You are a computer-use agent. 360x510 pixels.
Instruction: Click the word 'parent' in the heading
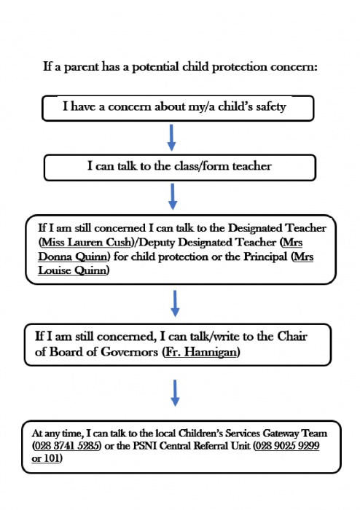point(82,67)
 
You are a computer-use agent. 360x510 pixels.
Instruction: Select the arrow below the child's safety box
point(171,138)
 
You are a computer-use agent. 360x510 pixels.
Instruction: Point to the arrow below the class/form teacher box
point(173,197)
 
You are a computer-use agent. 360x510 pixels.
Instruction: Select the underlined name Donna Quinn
point(73,256)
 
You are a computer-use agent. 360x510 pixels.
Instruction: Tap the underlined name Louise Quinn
point(72,270)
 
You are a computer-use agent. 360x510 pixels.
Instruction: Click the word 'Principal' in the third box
point(266,256)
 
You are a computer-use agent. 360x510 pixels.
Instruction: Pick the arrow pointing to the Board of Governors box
point(175,304)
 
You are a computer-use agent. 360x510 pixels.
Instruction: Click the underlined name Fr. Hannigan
point(201,352)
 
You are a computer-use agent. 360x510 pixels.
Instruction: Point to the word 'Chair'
point(291,337)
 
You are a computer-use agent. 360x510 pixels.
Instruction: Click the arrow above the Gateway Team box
point(175,393)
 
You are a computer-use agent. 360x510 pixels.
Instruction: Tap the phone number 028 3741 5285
point(66,446)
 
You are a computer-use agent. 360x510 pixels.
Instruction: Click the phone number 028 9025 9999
point(287,446)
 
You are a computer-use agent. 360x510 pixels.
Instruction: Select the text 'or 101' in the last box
point(46,458)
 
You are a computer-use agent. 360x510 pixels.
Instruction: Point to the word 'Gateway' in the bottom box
point(281,433)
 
